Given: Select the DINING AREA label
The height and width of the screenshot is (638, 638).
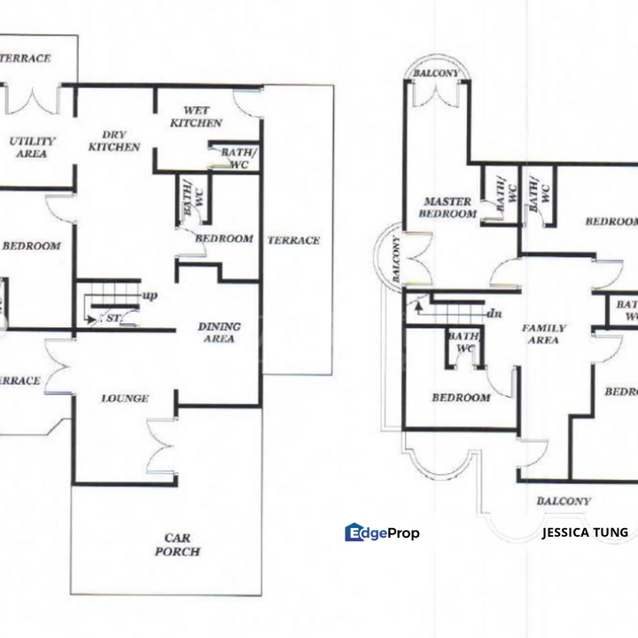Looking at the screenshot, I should [218, 332].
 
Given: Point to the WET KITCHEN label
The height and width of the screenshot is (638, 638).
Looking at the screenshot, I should [196, 116].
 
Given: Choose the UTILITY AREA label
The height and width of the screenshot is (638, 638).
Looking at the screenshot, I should [32, 147].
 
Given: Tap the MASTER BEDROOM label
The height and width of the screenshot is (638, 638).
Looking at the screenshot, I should [448, 207].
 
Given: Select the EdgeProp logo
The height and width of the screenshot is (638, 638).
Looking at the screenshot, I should [382, 533].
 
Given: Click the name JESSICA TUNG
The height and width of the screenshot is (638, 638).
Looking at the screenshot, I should [585, 533].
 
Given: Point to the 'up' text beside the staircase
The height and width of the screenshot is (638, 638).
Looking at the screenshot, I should [150, 296].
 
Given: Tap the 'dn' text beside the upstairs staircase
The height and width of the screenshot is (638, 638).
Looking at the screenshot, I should [494, 314].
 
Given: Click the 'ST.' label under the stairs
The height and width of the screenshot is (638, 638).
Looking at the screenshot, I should [113, 317].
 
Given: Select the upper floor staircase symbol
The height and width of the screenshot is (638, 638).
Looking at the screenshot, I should [452, 313].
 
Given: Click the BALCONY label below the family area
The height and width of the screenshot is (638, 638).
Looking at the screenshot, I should [564, 502].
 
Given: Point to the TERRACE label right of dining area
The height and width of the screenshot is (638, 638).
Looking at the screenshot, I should [293, 240].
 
